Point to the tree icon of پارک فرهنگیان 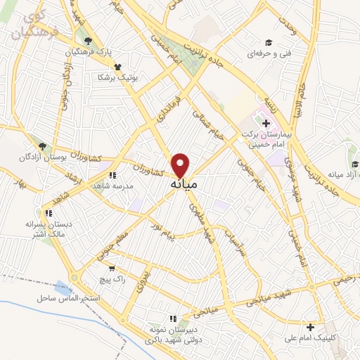tap(87, 41)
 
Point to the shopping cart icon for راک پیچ tap(111, 268)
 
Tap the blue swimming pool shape tap(64, 288)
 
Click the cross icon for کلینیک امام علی tap(310, 326)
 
